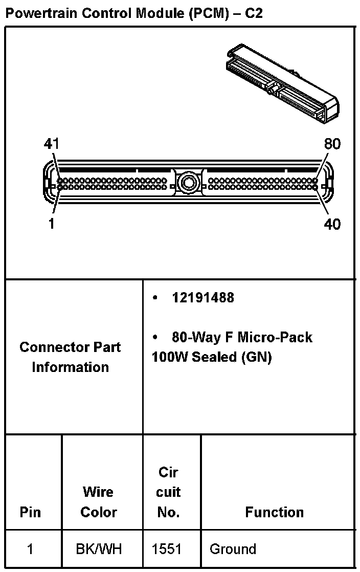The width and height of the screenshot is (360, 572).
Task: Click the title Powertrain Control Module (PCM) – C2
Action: pos(133,13)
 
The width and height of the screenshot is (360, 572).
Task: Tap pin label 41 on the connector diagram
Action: pos(51,145)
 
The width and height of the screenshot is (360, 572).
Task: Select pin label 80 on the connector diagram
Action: pos(332,145)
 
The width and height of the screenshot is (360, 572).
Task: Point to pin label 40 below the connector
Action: pos(332,224)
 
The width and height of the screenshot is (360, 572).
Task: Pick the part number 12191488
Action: pos(203,298)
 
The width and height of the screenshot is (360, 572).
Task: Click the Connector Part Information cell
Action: pos(71,357)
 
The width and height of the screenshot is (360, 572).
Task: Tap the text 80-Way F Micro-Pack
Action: pos(242,337)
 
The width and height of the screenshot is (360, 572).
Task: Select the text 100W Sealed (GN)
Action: pos(212,357)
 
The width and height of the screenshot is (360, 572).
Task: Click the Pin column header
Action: pos(30,512)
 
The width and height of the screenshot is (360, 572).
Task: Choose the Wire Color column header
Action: pos(99,502)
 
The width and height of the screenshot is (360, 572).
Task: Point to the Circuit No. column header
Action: pos(168,492)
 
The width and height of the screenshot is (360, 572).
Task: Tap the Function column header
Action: pos(274,512)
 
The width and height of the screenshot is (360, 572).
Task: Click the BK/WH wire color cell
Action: pos(99,549)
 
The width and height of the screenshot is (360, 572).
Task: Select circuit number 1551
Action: pos(167,549)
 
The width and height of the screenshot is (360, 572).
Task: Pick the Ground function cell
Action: pos(233,549)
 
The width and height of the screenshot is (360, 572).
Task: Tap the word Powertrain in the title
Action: pos(38,13)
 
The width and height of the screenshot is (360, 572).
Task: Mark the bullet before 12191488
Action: pos(155,298)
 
